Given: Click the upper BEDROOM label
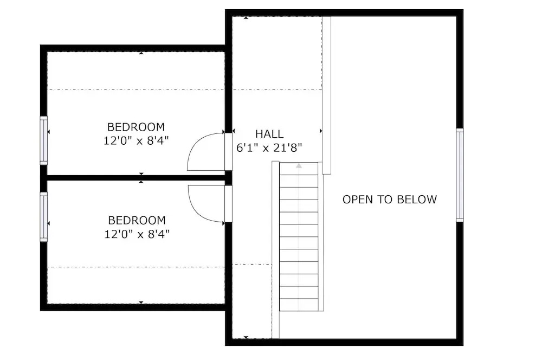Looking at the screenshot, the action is point(136,127).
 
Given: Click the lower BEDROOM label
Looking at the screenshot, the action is point(137,220).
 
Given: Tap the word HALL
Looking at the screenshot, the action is point(269,134).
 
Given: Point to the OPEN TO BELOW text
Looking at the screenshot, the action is point(390,200).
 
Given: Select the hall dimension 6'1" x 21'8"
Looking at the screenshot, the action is point(269,148).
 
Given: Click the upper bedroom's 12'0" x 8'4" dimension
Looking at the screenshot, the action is point(136,141).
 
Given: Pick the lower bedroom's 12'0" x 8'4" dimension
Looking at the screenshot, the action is point(137,234).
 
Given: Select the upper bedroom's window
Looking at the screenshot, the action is point(43,140).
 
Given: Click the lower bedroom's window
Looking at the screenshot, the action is point(43,217).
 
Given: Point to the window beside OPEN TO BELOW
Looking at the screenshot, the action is point(460,175).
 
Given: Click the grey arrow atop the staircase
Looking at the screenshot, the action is point(299,166).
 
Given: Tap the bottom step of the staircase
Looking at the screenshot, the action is point(299,305).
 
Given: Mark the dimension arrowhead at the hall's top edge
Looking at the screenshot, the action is point(246,18).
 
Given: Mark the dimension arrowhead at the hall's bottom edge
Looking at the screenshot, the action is point(246,337).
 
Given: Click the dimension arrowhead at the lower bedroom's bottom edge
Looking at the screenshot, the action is point(141,303).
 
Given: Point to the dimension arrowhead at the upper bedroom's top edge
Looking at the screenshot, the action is point(141,53).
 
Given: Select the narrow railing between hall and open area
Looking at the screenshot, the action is point(326,95).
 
